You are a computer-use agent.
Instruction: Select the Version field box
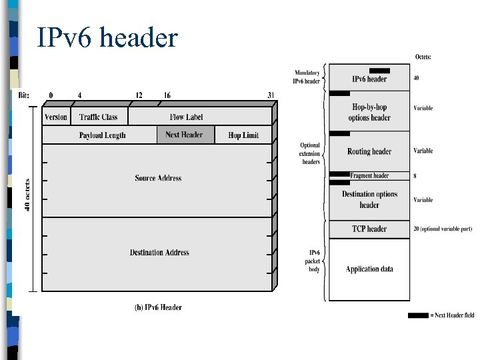pyautogui.click(x=55, y=117)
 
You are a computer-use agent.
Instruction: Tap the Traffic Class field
pyautogui.click(x=98, y=117)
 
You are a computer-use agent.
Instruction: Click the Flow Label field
pyautogui.click(x=186, y=117)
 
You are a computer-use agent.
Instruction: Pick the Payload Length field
pyautogui.click(x=102, y=135)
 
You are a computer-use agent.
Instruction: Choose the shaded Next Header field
pyautogui.click(x=185, y=135)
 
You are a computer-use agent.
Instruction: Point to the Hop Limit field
pyautogui.click(x=243, y=135)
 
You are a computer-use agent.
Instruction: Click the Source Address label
pyautogui.click(x=158, y=178)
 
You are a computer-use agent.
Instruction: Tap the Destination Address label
pyautogui.click(x=159, y=253)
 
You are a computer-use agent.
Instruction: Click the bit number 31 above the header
pyautogui.click(x=271, y=95)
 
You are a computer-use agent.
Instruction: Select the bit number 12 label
pyautogui.click(x=138, y=95)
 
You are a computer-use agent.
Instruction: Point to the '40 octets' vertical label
pyautogui.click(x=27, y=194)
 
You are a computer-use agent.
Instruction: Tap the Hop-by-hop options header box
pyautogui.click(x=369, y=112)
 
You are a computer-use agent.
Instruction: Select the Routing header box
pyautogui.click(x=369, y=151)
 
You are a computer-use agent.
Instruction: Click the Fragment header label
pyautogui.click(x=369, y=175)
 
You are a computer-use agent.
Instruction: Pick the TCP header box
pyautogui.click(x=369, y=229)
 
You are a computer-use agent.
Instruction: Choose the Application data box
pyautogui.click(x=369, y=269)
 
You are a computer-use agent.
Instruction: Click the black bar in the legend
pyautogui.click(x=418, y=315)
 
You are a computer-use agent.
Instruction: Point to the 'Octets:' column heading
pyautogui.click(x=423, y=57)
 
